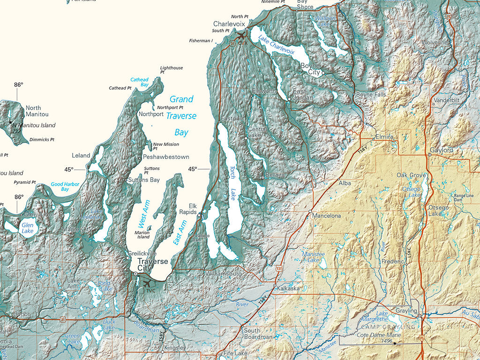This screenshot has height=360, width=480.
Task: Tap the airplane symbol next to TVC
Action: point(147,284)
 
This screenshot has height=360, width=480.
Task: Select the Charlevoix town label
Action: point(229,23)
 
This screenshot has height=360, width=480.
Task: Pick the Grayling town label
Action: point(406,311)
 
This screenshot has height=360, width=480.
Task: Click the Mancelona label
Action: point(327,216)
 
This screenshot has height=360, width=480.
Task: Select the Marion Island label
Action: point(142,234)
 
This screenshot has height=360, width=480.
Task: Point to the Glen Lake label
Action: point(28,228)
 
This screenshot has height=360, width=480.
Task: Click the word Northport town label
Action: point(151,114)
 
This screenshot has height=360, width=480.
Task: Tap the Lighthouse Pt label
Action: point(171,70)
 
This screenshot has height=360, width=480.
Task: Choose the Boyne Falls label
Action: point(371,94)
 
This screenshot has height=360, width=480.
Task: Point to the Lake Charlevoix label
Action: point(276,45)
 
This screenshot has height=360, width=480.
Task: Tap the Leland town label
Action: point(81,155)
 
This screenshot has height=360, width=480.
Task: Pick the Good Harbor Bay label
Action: point(65,187)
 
